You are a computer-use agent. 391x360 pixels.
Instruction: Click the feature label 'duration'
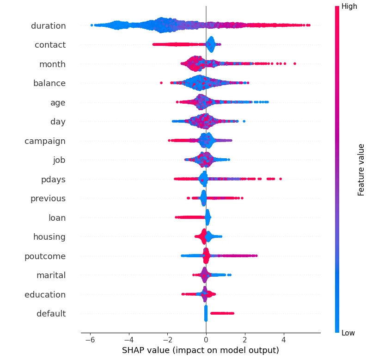48,26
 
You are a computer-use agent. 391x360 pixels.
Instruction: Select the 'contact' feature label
50,45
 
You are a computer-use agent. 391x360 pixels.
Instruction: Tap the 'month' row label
52,64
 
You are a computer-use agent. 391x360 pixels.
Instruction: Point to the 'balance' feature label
49,83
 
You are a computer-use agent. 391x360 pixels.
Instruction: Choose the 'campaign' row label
45,141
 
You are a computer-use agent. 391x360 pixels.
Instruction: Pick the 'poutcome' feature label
45,256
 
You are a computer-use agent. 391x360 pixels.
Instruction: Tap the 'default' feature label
51,314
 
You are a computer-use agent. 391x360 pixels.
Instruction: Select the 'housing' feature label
49,237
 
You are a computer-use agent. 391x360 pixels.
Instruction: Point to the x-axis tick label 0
206,339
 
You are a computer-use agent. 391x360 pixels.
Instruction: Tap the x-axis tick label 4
284,339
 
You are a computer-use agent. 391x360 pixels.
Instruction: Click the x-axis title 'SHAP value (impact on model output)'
201,350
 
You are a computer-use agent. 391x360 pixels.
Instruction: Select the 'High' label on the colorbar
349,6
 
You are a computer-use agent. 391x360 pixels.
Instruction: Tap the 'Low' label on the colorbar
348,333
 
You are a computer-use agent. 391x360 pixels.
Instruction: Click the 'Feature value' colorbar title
361,170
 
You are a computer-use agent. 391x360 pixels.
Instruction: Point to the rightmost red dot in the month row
295,63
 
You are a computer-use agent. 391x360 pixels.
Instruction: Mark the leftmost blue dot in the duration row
92,25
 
